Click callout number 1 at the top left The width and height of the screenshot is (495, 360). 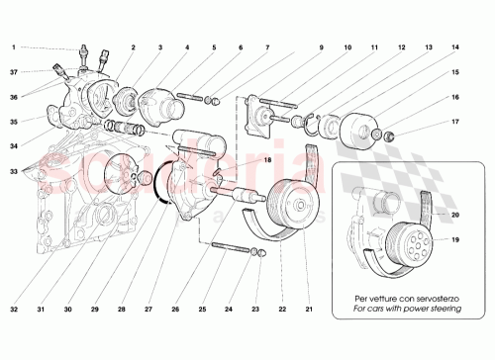click(x=14, y=47)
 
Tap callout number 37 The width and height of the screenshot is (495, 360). click(x=14, y=71)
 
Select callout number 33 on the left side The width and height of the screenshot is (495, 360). click(x=14, y=172)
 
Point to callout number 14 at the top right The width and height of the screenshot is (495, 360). click(x=454, y=47)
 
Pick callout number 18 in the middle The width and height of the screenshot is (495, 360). click(x=238, y=159)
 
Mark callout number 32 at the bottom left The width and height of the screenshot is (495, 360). click(x=14, y=310)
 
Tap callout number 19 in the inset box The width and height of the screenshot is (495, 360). click(x=454, y=239)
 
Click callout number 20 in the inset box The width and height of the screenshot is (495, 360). click(x=454, y=215)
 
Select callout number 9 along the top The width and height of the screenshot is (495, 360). click(x=321, y=47)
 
